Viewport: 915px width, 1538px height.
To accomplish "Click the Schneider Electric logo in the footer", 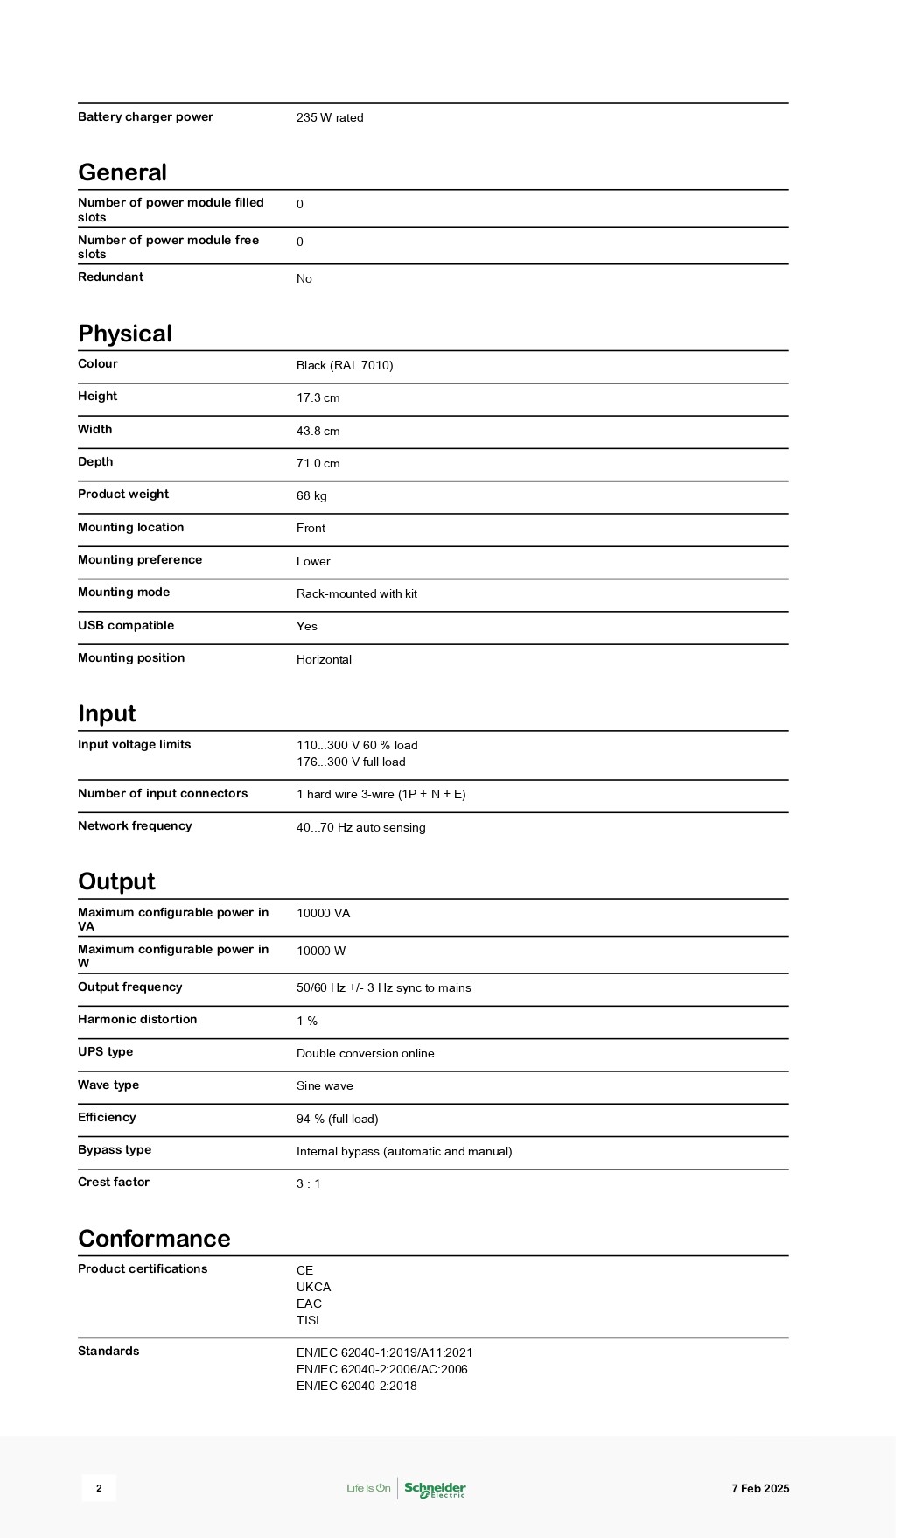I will coord(434,1488).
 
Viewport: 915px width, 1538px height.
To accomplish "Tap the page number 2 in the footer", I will coord(99,1488).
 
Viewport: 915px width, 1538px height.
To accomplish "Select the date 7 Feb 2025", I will coord(760,1488).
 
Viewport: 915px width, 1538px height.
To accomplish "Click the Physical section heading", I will coord(125,334).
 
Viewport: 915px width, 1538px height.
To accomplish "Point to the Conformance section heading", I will coord(154,1238).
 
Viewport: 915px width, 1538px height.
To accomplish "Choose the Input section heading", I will coord(107,713).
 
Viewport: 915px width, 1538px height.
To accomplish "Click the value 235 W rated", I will coord(330,118).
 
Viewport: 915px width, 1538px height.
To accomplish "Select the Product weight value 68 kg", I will coord(311,496).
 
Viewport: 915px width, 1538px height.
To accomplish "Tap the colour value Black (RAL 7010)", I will coord(345,366).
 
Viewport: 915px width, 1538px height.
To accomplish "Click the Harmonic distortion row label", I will coord(137,1020).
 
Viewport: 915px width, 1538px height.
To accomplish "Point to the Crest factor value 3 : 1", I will coord(309,1184).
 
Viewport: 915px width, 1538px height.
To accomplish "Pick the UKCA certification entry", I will coord(313,1288).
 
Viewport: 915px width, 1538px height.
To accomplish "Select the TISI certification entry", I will coord(308,1321).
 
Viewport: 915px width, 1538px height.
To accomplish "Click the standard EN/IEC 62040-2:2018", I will coord(356,1387).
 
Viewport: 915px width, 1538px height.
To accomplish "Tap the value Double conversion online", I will coord(365,1054).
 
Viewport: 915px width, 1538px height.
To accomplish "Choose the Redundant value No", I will coord(304,279).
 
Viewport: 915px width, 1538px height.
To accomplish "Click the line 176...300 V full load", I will coord(351,762).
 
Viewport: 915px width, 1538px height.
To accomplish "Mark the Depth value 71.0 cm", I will coord(318,464).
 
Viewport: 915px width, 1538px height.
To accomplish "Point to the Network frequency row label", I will coord(135,826).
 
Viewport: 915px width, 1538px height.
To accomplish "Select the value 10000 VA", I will coord(323,914).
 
